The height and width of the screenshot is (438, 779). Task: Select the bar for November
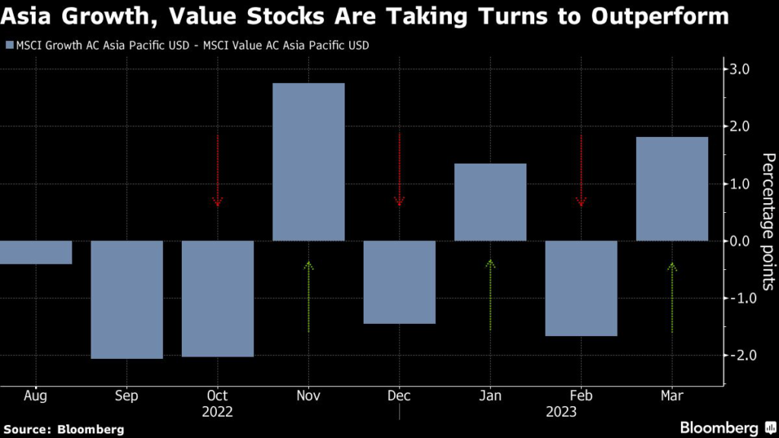[x=308, y=162]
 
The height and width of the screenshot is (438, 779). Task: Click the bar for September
[x=127, y=300]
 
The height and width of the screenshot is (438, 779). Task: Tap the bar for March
[x=672, y=189]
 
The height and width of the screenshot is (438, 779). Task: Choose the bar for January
[x=490, y=202]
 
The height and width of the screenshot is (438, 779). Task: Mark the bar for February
[x=581, y=288]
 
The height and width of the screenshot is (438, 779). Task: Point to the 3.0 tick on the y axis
[x=740, y=70]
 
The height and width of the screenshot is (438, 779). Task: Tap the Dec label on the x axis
[x=399, y=395]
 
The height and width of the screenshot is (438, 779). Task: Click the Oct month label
[x=218, y=395]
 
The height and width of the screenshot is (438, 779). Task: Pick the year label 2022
[x=218, y=412]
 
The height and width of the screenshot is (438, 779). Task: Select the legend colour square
[x=8, y=46]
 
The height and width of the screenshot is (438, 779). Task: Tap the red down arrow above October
[x=218, y=170]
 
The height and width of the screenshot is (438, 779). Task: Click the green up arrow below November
[x=308, y=297]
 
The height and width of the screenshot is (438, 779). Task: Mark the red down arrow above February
[x=581, y=170]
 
